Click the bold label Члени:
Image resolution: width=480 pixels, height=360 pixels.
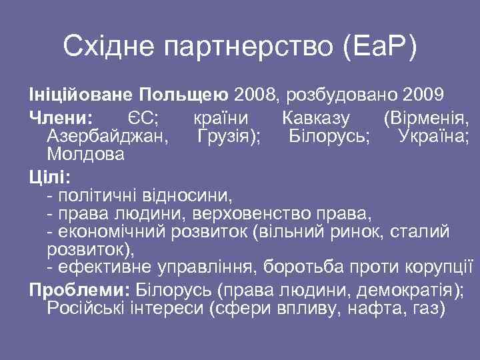(x=61, y=119)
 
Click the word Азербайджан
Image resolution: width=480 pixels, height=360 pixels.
(x=106, y=137)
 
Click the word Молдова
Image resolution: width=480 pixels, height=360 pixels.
(x=85, y=155)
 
